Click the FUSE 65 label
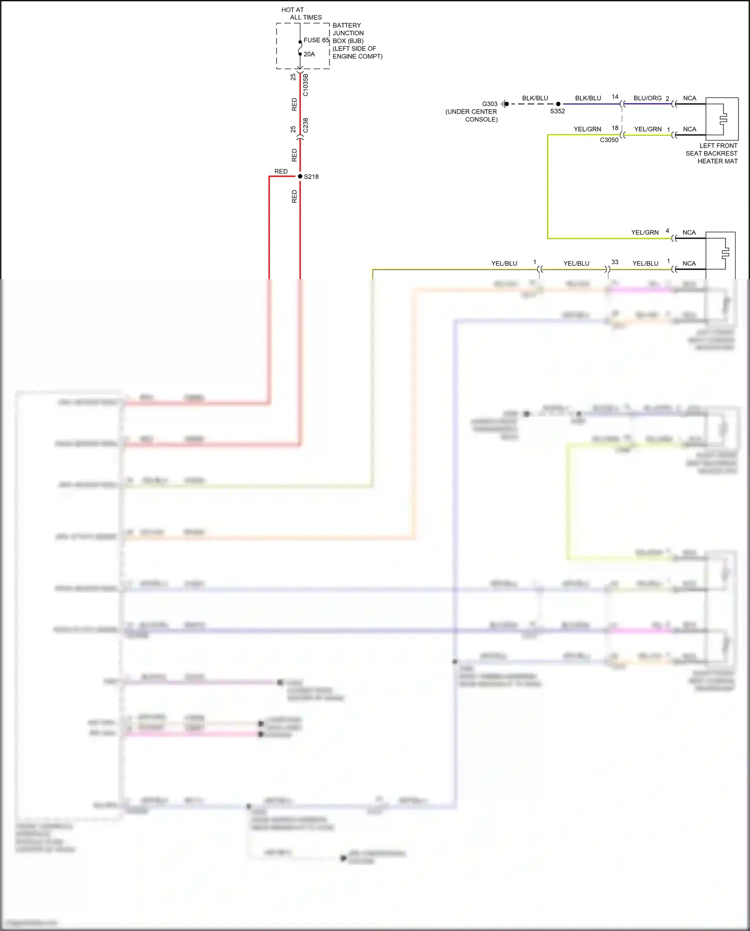click(316, 40)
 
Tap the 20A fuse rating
click(309, 54)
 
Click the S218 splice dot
click(300, 176)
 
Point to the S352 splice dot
click(558, 104)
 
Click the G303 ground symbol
click(505, 104)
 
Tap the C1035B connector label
click(305, 85)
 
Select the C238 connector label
click(305, 125)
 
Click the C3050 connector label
click(609, 140)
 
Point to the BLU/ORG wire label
click(647, 98)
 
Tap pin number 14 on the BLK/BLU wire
click(615, 97)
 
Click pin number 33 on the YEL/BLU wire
click(615, 262)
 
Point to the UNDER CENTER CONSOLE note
click(471, 116)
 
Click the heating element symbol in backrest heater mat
click(723, 119)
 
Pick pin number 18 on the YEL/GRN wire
click(615, 128)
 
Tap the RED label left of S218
click(281, 172)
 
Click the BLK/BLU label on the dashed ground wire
click(535, 98)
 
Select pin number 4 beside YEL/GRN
click(667, 231)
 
